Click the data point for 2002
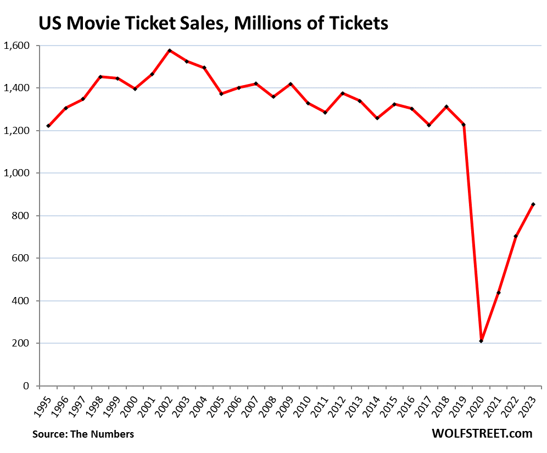[x=170, y=51]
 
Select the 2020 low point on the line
[x=481, y=341]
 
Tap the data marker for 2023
[x=533, y=204]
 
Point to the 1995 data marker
[x=49, y=126]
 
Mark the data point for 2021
[x=498, y=293]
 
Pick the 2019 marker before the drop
[x=464, y=125]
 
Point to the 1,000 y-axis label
[x=19, y=173]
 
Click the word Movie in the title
[x=96, y=24]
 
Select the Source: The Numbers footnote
[x=83, y=434]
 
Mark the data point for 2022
[x=516, y=236]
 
